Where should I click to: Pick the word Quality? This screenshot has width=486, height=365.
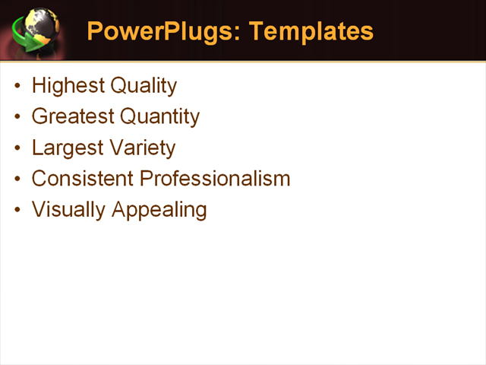click(144, 86)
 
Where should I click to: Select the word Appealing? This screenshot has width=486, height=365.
click(159, 210)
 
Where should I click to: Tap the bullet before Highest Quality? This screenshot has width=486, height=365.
click(18, 86)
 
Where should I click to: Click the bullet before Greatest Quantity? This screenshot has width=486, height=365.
click(18, 117)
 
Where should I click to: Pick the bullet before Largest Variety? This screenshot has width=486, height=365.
click(18, 148)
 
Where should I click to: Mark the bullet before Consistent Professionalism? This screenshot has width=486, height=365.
click(18, 179)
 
